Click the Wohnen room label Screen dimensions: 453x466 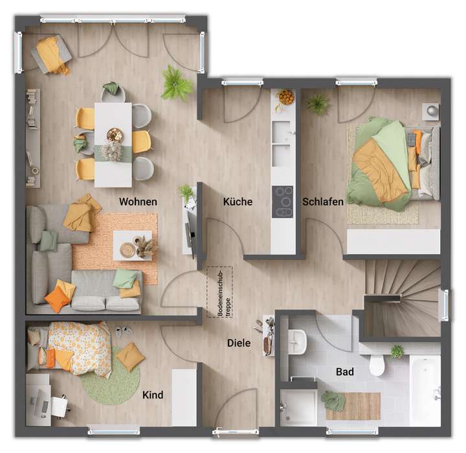[x=138, y=202]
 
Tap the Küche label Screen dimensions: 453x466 [x=238, y=202]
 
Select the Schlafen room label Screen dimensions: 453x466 [x=323, y=202]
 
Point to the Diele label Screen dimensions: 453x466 [x=239, y=343]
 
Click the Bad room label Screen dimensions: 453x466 [x=345, y=373]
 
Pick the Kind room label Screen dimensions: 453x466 [x=152, y=395]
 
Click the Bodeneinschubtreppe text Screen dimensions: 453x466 [x=220, y=292]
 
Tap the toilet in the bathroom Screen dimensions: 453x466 [x=377, y=366]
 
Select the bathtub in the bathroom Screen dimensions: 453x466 [x=425, y=389]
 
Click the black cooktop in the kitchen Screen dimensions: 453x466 [x=283, y=202]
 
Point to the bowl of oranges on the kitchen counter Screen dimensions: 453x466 [x=285, y=97]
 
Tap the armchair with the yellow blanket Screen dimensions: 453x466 [x=51, y=54]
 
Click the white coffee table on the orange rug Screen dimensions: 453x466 [x=133, y=245]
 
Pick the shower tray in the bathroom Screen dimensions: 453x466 [x=298, y=406]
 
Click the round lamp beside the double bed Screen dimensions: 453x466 [x=432, y=111]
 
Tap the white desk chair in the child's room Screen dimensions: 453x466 [x=60, y=406]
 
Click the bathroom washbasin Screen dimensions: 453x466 [x=297, y=341]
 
